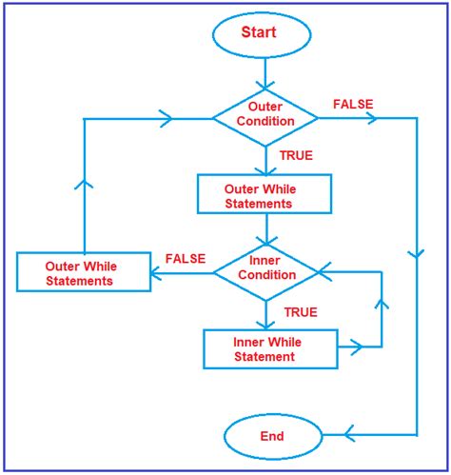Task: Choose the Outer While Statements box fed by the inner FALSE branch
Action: click(84, 272)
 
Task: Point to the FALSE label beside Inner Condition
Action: click(185, 258)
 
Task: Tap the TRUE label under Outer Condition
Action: click(296, 155)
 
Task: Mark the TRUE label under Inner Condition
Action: click(300, 310)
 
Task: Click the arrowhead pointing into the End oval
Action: click(349, 437)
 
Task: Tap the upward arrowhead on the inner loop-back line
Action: click(382, 306)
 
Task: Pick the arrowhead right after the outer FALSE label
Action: click(371, 117)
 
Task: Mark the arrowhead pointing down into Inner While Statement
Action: click(265, 324)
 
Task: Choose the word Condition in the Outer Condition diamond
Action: click(265, 121)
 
